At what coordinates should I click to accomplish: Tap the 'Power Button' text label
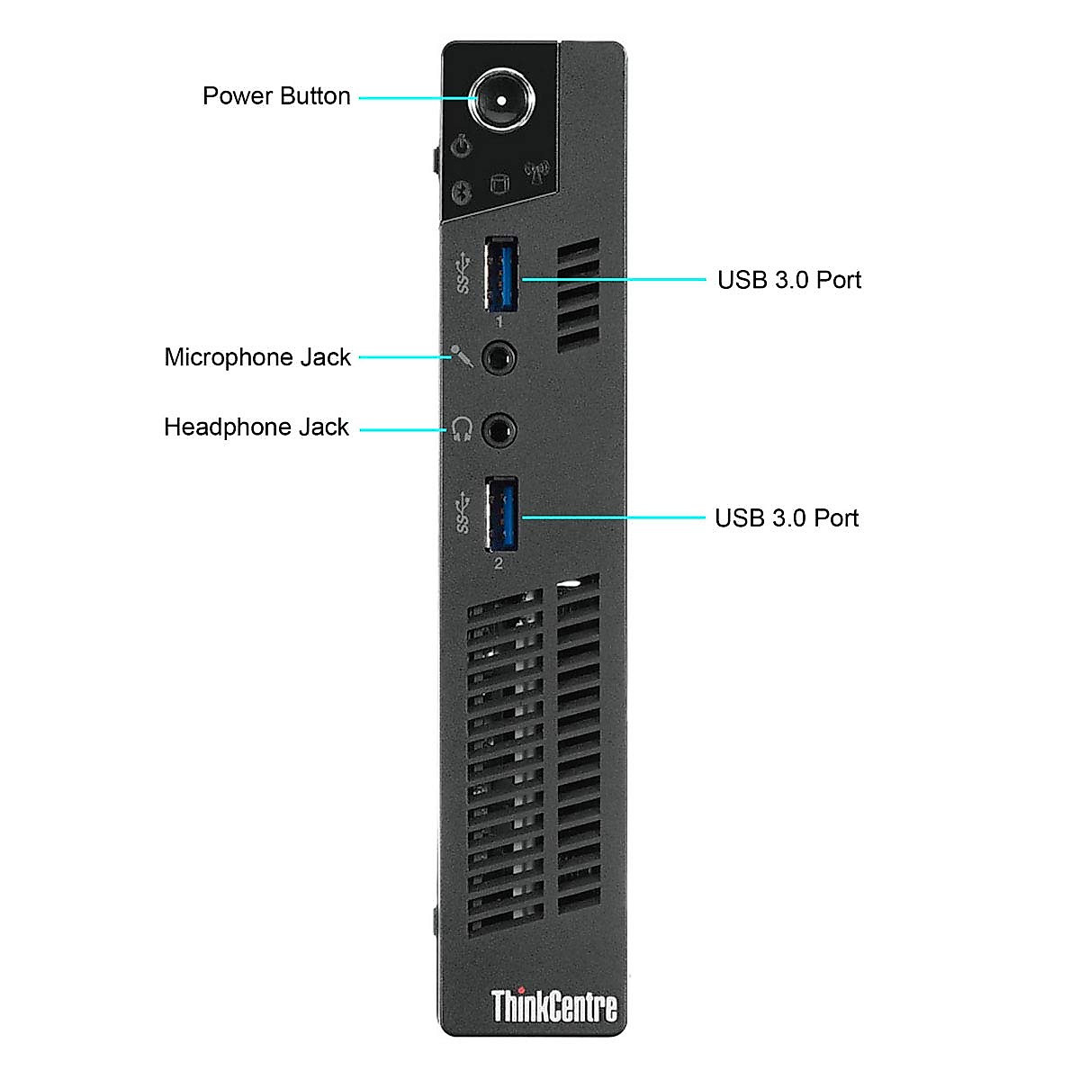tap(276, 96)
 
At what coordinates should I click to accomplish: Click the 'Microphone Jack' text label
tap(257, 357)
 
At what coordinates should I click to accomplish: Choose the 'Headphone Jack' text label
tap(256, 427)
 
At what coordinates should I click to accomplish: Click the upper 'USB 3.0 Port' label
tap(789, 280)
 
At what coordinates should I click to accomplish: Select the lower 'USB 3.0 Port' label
tap(787, 518)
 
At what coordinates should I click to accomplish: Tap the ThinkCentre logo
tap(553, 1005)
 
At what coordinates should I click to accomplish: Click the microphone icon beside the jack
tap(462, 356)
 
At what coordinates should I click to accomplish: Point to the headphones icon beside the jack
tap(462, 428)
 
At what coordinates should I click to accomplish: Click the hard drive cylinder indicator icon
tap(498, 184)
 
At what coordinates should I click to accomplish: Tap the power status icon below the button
tap(461, 146)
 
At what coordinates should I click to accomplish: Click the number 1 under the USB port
tap(499, 321)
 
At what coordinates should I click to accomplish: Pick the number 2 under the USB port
tap(499, 564)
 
